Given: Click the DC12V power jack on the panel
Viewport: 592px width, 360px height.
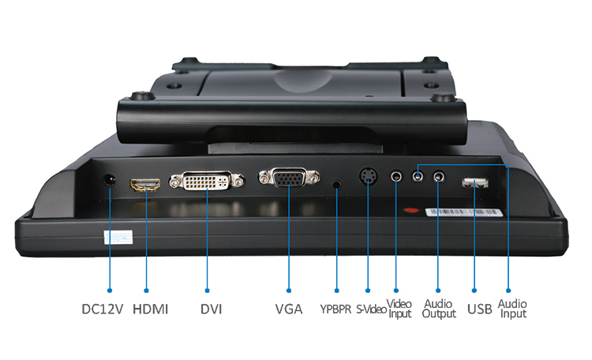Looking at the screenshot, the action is click(x=110, y=180).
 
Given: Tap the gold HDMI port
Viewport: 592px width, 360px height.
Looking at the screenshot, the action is click(x=145, y=185).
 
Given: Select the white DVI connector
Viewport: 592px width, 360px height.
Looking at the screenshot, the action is click(x=207, y=181).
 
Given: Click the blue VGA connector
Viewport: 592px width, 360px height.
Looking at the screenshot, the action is click(x=289, y=178).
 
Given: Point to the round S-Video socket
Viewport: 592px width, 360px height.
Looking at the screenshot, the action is click(x=368, y=176).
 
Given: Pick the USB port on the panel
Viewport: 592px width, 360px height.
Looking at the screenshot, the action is click(x=474, y=183).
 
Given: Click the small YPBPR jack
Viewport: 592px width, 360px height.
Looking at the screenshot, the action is click(x=337, y=185).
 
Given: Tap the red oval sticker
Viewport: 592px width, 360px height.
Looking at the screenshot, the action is click(x=411, y=210).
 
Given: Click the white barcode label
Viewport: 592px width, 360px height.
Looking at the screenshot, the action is click(x=464, y=212).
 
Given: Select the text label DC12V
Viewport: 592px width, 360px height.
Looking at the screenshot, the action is click(x=103, y=309).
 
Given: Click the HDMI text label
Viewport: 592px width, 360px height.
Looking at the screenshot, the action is click(x=150, y=309).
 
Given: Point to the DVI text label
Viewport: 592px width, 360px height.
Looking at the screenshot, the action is click(x=211, y=309).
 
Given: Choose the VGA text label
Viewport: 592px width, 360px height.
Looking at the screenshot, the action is click(x=289, y=309).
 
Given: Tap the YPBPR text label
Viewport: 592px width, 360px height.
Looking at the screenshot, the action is click(x=335, y=309).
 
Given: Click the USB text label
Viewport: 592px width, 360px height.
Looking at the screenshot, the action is click(x=480, y=309).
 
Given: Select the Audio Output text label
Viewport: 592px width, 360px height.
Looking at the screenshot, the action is click(x=439, y=309).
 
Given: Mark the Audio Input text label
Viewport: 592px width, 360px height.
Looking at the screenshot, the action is click(x=512, y=309).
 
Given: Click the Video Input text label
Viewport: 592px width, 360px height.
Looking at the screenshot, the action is click(x=399, y=309).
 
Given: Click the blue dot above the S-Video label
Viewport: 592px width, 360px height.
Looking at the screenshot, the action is click(x=368, y=291).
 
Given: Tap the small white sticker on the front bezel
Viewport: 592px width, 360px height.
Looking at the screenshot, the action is click(x=118, y=237).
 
